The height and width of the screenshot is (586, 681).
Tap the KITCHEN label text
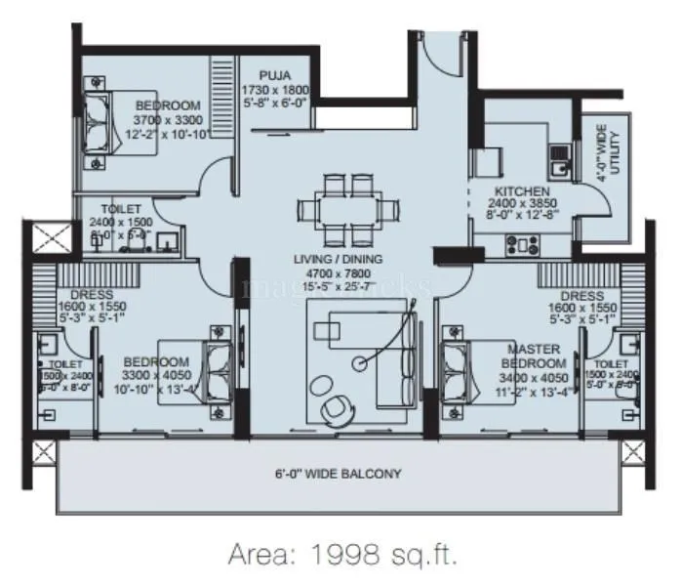[521, 191]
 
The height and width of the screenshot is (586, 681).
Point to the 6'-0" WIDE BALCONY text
[339, 474]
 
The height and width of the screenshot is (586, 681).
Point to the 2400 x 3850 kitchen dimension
[521, 204]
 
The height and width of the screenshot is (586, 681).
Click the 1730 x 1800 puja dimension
[276, 89]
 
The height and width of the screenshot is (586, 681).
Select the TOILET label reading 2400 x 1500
[120, 209]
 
